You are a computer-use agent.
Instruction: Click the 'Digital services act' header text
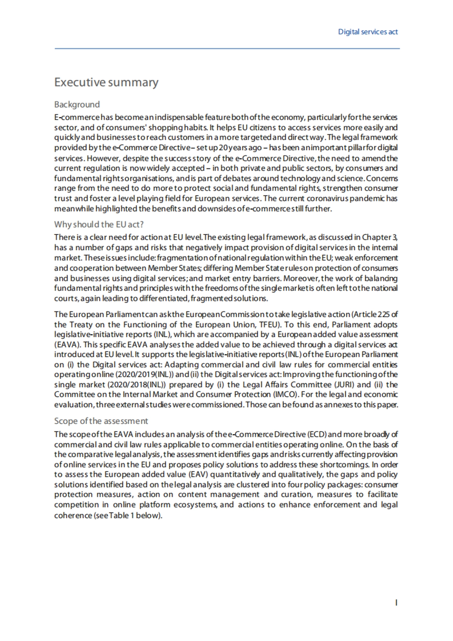coord(368,32)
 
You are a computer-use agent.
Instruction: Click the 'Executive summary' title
coord(106,82)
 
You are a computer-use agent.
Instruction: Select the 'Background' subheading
coord(77,105)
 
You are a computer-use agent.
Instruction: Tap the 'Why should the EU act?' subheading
coord(99,225)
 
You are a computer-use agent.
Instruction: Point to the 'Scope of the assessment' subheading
coord(101,421)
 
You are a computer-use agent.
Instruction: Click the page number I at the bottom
coord(396,603)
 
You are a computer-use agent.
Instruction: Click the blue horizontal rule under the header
coord(226,48)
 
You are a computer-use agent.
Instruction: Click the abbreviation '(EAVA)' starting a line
coord(67,345)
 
